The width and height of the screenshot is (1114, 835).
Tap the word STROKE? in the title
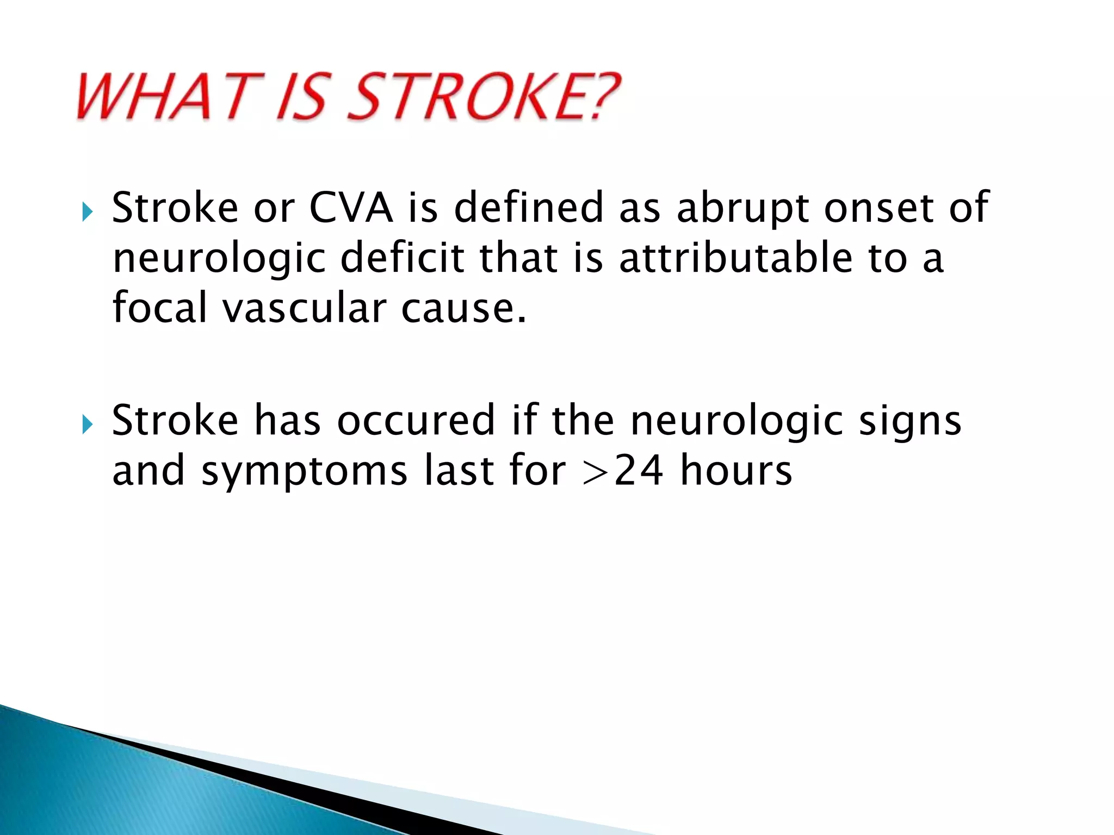(x=483, y=97)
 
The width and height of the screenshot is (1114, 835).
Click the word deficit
(x=403, y=258)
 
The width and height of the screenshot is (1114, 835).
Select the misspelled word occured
(x=416, y=421)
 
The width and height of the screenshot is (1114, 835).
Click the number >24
(x=622, y=471)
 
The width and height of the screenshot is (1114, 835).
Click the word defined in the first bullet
(x=529, y=208)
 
